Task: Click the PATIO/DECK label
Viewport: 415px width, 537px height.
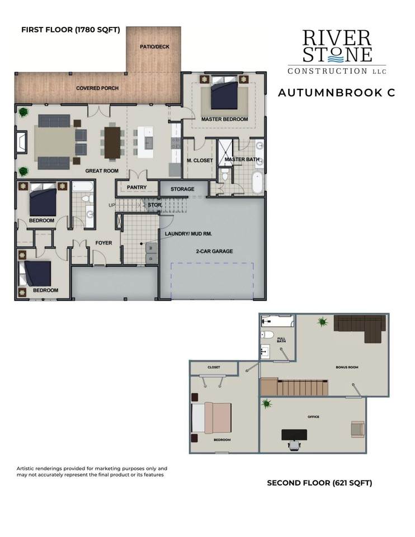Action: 154,46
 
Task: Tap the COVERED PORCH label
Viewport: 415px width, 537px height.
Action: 97,88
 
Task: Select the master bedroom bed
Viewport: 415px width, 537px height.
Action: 224,92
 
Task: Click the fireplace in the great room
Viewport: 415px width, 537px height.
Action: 21,142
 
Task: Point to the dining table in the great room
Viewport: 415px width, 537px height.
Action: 112,143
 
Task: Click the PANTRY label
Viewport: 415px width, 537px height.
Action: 136,187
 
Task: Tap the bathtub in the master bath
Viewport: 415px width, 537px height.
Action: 257,182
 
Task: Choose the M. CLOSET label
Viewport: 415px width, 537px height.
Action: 200,161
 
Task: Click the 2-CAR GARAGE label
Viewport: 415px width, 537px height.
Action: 214,251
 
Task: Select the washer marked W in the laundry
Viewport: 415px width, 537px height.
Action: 152,247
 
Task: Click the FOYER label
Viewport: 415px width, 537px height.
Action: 104,243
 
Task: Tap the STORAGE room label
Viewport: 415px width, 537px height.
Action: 182,189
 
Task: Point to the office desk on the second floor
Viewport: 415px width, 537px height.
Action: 294,435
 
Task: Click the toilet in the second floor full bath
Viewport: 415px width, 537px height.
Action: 267,335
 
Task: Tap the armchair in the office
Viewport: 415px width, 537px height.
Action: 358,429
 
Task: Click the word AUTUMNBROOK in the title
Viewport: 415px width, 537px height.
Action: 330,93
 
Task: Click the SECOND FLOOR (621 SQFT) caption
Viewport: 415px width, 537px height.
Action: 319,483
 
